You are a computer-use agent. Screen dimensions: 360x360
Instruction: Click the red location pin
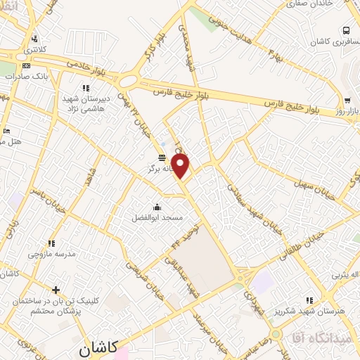click(x=181, y=167)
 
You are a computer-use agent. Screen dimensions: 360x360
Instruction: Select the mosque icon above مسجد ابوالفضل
click(x=156, y=206)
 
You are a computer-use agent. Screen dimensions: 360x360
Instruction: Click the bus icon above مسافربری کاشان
click(x=347, y=30)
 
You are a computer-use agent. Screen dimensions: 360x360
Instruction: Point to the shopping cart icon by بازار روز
click(x=347, y=100)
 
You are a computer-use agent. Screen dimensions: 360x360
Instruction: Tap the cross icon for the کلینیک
click(x=56, y=289)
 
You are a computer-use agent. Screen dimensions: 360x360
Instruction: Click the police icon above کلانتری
click(x=34, y=39)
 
